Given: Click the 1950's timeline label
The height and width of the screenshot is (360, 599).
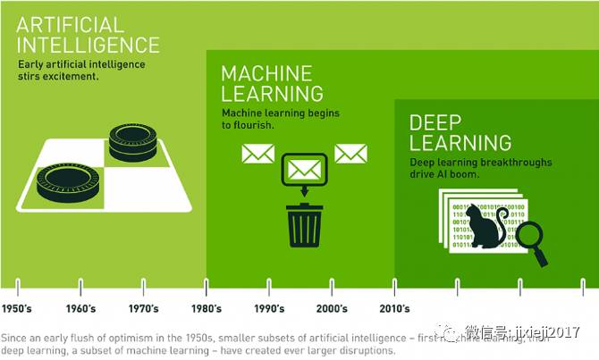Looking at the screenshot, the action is click(18, 309).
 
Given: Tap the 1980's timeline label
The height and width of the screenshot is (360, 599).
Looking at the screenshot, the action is click(206, 309).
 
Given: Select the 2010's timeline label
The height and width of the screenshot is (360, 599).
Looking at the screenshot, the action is click(393, 309).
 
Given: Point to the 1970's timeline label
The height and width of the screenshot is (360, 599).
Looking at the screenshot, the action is click(143, 309).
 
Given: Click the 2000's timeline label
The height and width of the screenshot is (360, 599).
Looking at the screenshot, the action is click(331, 309).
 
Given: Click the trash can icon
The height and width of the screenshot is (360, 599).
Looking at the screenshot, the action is click(304, 223).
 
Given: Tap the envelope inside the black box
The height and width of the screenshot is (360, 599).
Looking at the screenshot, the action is click(305, 168).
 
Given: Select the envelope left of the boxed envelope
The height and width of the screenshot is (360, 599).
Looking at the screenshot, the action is click(257, 154).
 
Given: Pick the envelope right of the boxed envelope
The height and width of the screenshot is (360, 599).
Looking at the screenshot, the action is click(350, 154).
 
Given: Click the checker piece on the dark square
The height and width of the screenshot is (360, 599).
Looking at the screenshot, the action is click(133, 143).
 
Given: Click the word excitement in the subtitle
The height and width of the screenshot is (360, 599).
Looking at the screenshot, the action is click(74, 77).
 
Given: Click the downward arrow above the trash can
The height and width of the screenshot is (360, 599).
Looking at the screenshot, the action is click(304, 191).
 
